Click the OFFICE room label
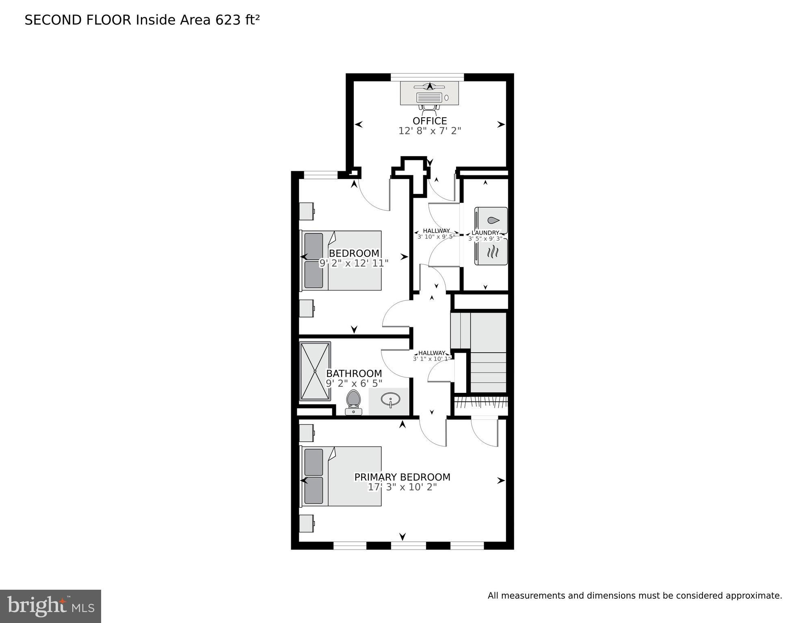click(x=430, y=121)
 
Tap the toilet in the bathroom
click(x=353, y=402)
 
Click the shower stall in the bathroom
click(x=315, y=371)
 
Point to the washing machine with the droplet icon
click(x=491, y=220)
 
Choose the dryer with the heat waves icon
click(x=491, y=252)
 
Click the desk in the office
click(x=430, y=93)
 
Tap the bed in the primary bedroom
click(x=341, y=476)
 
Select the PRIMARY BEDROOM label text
click(x=402, y=477)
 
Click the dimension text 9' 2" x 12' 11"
click(x=354, y=263)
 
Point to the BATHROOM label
click(x=354, y=373)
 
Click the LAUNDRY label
click(x=485, y=233)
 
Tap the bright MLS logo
click(x=50, y=606)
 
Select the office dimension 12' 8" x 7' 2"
click(x=430, y=131)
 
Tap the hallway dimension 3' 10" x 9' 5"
click(x=436, y=237)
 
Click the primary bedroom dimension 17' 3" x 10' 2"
click(x=402, y=487)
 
